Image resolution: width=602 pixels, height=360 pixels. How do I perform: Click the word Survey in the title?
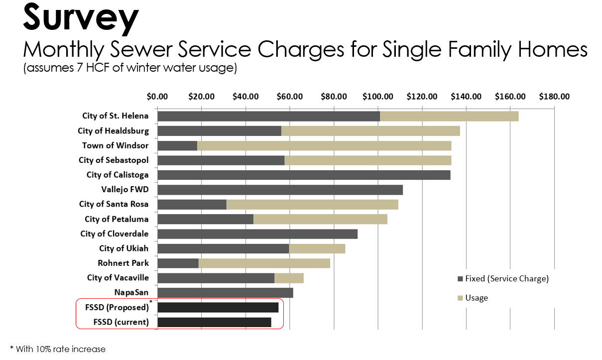80,19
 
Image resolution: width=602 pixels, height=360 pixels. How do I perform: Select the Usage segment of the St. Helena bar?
449,116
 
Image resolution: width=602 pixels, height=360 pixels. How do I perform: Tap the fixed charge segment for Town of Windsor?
177,145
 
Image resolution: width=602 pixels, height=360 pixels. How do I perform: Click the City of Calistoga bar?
304,175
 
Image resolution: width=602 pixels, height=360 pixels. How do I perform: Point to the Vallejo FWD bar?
280,190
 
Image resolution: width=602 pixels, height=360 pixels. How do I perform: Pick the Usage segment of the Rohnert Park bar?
264,263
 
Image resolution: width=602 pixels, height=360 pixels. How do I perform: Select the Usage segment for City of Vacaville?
289,278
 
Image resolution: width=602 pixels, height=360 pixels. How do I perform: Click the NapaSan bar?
225,293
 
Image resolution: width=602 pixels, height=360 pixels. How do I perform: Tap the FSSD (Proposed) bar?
218,307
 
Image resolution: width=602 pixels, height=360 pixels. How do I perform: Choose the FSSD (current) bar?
214,322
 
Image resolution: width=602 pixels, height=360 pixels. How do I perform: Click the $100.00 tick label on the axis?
378,97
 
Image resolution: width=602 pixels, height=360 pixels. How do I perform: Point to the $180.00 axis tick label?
554,97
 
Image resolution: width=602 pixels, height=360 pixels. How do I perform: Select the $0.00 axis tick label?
157,97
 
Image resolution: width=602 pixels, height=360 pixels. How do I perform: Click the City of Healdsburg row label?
113,131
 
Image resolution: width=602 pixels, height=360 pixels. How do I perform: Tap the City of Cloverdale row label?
115,234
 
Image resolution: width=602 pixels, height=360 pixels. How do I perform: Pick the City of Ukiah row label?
123,248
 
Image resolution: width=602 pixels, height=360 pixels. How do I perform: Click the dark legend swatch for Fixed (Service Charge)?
460,279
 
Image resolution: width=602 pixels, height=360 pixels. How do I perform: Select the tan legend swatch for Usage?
460,298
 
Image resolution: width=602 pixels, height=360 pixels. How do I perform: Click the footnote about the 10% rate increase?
58,349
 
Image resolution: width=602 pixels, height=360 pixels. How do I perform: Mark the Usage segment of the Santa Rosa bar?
312,204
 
